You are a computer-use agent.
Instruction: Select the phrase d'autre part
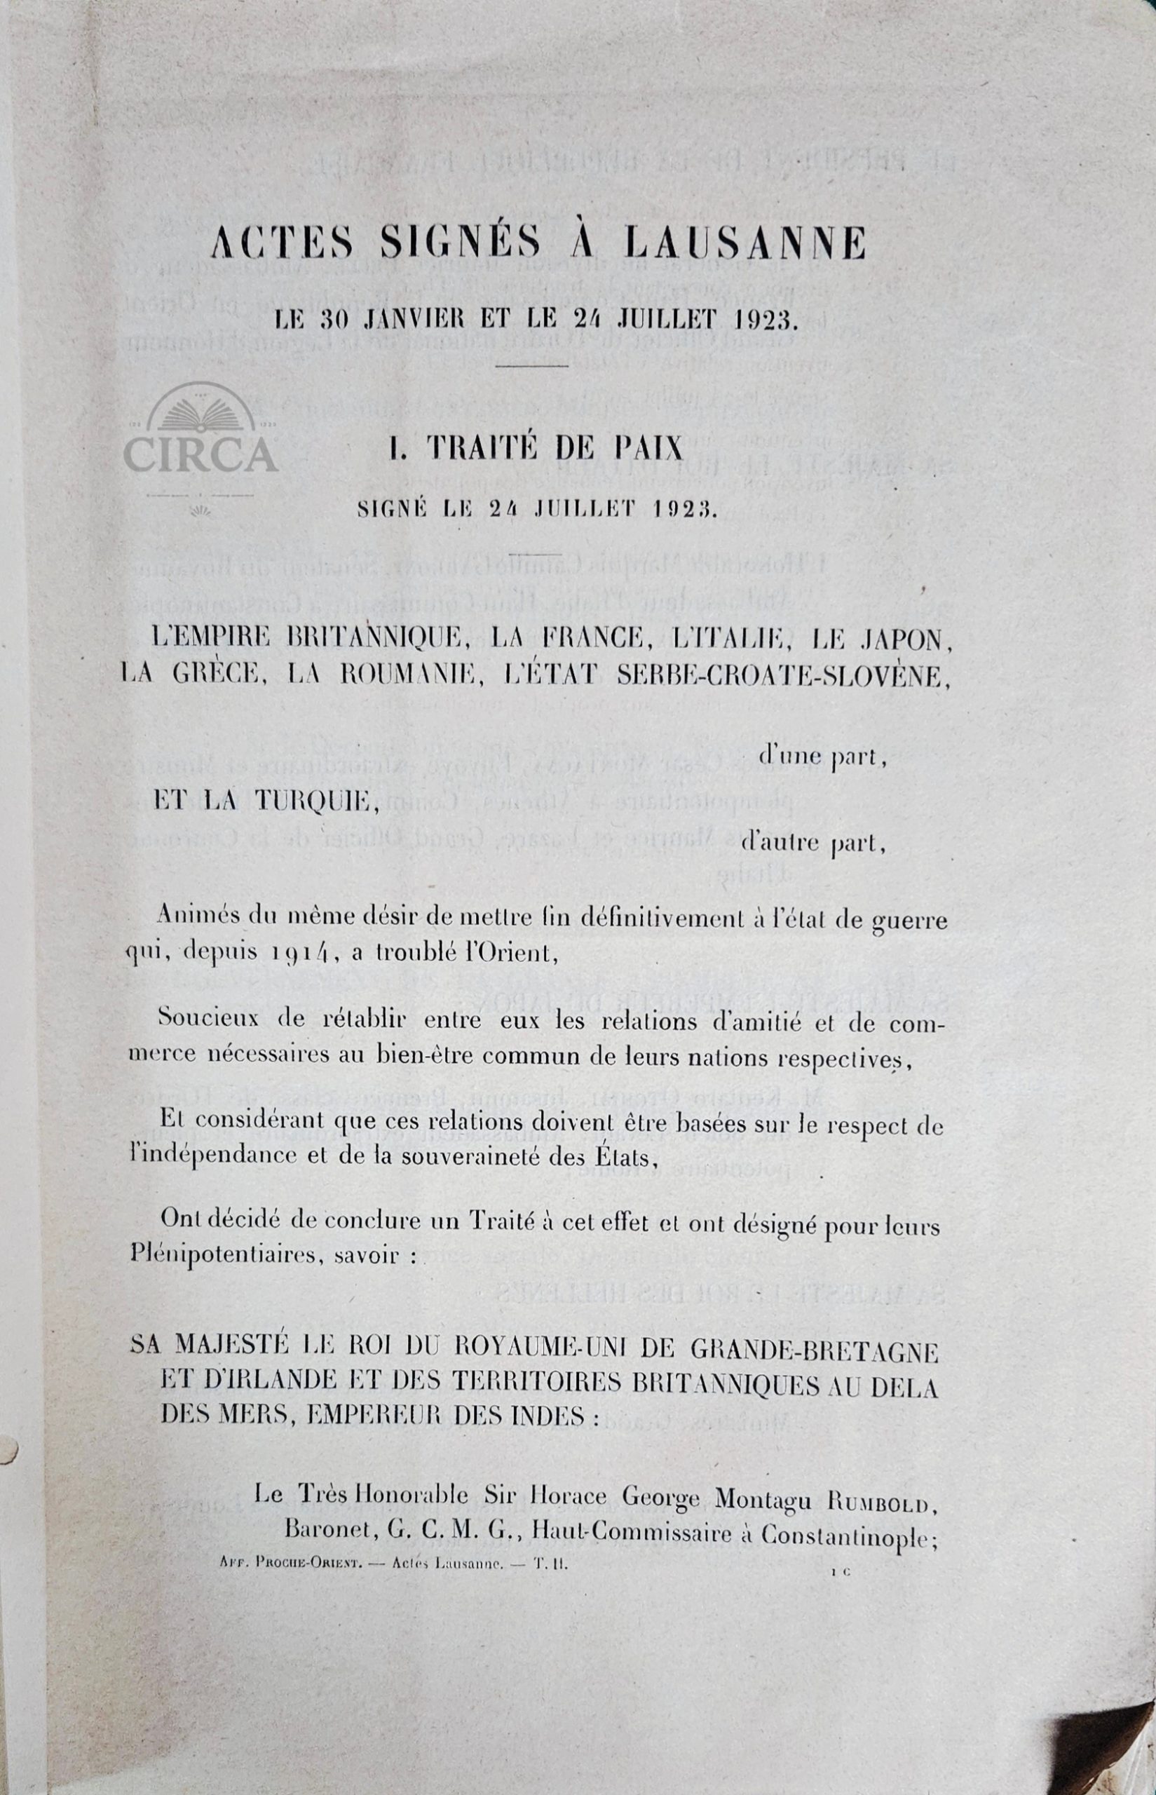[813, 844]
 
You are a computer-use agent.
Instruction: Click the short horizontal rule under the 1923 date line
[532, 365]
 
